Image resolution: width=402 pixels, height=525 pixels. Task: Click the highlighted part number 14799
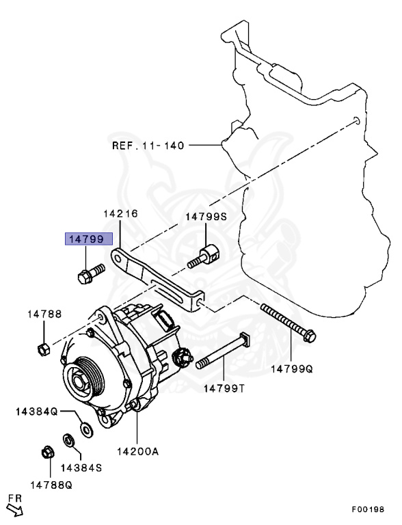(x=83, y=239)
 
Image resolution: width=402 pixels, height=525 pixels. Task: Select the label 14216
(x=120, y=214)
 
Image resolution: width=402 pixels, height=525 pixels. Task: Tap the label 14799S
(x=206, y=217)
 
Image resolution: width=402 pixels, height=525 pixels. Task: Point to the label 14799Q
(x=291, y=369)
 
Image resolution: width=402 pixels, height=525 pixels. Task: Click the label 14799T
(x=224, y=388)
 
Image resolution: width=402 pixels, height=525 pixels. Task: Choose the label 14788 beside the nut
(x=44, y=314)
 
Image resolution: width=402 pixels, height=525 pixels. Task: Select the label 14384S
(x=81, y=468)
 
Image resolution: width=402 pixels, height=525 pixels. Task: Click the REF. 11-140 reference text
(x=148, y=146)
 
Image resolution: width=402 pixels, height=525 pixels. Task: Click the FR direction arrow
(x=14, y=508)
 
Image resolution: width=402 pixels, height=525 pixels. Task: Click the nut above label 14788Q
(x=48, y=453)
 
